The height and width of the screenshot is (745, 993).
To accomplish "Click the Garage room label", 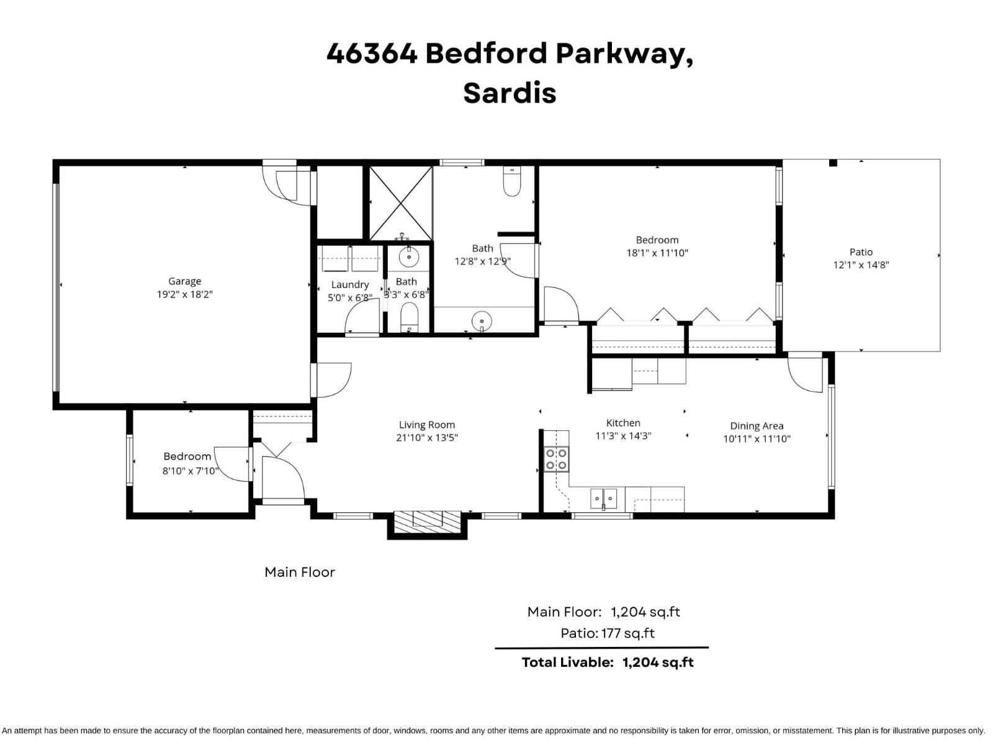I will [184, 281].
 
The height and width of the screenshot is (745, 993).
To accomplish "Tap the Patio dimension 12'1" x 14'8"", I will [861, 265].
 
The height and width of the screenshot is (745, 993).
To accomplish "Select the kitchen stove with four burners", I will [556, 459].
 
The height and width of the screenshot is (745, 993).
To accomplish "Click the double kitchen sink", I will [603, 498].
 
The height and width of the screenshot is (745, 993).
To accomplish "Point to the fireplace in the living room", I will [428, 520].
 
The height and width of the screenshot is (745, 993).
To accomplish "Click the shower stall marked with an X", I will [401, 203].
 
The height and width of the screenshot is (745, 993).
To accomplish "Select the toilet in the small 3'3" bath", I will [409, 317].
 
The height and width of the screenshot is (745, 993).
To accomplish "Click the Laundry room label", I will [350, 284].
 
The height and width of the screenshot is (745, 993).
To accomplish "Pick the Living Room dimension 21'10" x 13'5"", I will [427, 438].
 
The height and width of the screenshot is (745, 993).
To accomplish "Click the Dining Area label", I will [757, 426].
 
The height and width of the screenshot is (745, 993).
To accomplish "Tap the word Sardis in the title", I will [510, 93].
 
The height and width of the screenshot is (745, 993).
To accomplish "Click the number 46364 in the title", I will [372, 53].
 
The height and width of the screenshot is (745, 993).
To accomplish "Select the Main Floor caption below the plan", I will [300, 572].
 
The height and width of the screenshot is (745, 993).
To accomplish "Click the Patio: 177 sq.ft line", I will [608, 633].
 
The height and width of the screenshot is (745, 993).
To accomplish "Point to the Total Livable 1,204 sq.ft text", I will [608, 662].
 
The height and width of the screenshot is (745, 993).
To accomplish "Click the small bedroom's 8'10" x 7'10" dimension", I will [191, 471].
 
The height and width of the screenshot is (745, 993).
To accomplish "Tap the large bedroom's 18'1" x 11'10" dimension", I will [657, 253].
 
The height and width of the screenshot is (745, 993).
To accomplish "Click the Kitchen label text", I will [623, 423].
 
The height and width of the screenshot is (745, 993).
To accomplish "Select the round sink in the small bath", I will [409, 256].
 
